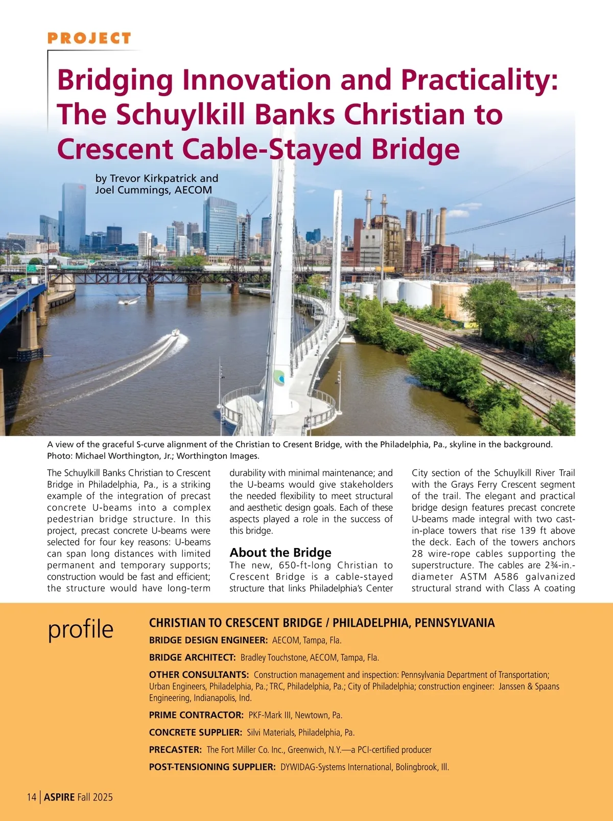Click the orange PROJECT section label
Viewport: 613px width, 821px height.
point(89,38)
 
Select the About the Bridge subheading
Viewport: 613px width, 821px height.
point(280,553)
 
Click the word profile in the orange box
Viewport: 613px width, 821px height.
point(80,629)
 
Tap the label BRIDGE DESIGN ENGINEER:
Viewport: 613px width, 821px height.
point(208,640)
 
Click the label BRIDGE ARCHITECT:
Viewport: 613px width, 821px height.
point(192,657)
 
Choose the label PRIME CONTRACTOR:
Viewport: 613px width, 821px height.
point(196,715)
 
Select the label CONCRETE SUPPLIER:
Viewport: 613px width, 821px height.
point(196,733)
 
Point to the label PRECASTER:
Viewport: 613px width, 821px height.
point(175,750)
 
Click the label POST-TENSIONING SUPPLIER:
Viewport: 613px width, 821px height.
point(213,767)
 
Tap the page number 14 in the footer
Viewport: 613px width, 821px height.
point(32,797)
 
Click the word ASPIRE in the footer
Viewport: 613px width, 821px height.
point(59,797)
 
